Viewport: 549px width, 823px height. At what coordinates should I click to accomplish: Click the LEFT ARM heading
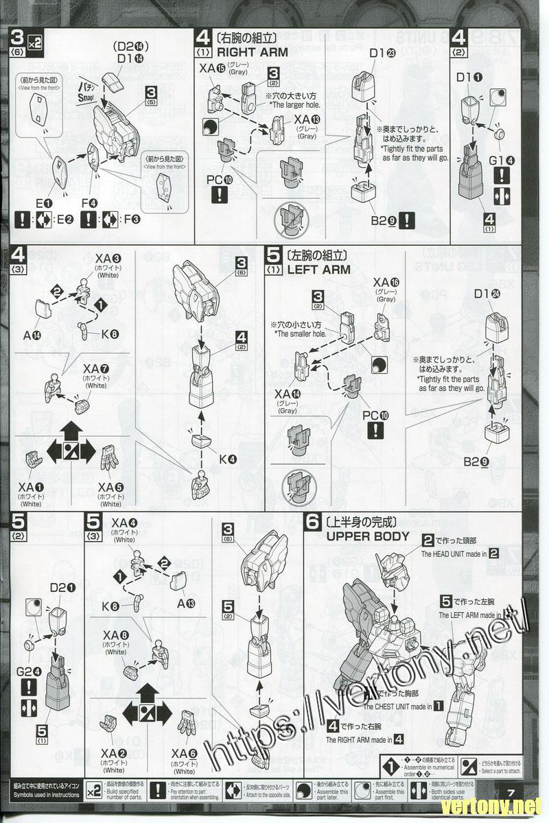pyautogui.click(x=318, y=270)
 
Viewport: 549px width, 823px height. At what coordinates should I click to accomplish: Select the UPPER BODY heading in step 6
pyautogui.click(x=368, y=536)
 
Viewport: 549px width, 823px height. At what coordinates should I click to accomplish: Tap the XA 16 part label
pyautogui.click(x=385, y=283)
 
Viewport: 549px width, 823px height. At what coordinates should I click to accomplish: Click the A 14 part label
pyautogui.click(x=32, y=335)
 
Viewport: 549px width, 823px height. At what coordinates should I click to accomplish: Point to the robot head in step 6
pyautogui.click(x=392, y=567)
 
